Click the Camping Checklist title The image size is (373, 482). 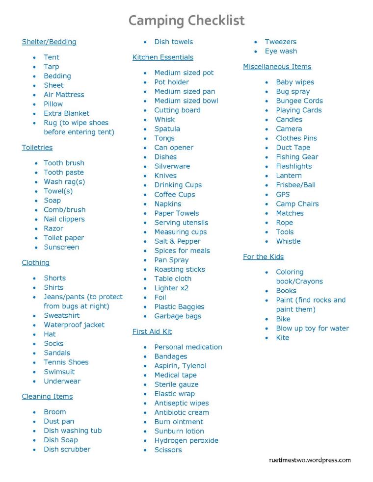pyautogui.click(x=186, y=21)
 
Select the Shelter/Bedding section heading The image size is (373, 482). pyautogui.click(x=49, y=42)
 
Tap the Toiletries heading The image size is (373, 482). pyautogui.click(x=37, y=148)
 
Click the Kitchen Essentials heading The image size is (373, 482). pyautogui.click(x=163, y=57)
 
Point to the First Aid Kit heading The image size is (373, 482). pyautogui.click(x=152, y=331)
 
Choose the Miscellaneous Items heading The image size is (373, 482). pyautogui.click(x=277, y=67)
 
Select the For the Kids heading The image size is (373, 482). pyautogui.click(x=263, y=256)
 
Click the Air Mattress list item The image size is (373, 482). pyautogui.click(x=64, y=95)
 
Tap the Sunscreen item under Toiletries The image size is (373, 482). pyautogui.click(x=61, y=247)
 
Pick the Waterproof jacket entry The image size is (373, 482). pyautogui.click(x=74, y=325)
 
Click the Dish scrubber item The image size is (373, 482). pyautogui.click(x=67, y=449)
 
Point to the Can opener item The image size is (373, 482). pyautogui.click(x=174, y=148)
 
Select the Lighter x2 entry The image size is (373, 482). pyautogui.click(x=171, y=288)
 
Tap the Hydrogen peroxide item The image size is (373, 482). pyautogui.click(x=186, y=440)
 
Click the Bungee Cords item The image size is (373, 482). pyautogui.click(x=299, y=101)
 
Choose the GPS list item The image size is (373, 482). pyautogui.click(x=283, y=194)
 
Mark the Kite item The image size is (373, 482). pyautogui.click(x=283, y=337)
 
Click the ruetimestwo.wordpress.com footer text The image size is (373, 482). pyautogui.click(x=310, y=460)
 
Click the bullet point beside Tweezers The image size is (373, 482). pyautogui.click(x=256, y=42)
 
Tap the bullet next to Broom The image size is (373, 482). pyautogui.click(x=35, y=412)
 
